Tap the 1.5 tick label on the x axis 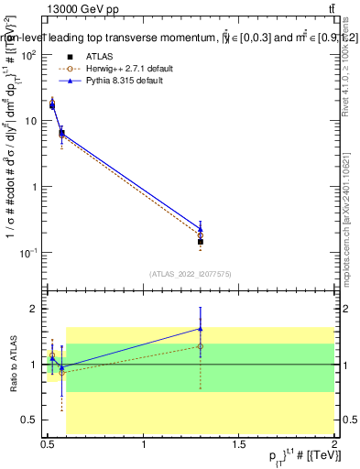(x=240, y=444)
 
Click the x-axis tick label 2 (x=335, y=444)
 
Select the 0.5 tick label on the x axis (x=49, y=444)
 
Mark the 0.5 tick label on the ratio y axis (x=30, y=420)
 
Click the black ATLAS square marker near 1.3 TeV (x=201, y=242)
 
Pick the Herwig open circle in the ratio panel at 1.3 (x=201, y=346)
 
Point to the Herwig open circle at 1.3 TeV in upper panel (x=201, y=235)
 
